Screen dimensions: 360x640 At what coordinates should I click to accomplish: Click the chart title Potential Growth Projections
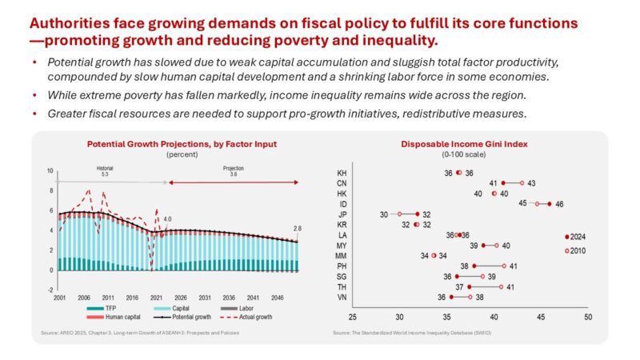181,144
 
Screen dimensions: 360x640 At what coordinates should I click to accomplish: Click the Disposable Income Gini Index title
458,144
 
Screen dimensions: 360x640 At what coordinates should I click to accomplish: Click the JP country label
342,214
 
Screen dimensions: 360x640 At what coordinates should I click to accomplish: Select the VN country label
342,297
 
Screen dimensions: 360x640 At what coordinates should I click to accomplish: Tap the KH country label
342,173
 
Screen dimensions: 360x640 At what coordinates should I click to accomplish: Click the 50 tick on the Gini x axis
587,317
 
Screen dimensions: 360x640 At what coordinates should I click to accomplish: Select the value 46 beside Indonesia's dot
559,204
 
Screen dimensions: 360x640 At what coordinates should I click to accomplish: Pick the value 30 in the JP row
384,214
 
